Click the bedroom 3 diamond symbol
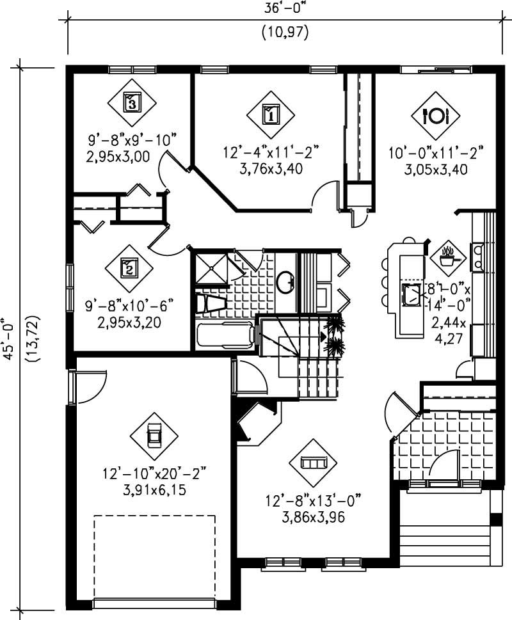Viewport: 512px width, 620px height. point(131,100)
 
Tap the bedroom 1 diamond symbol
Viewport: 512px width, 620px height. point(270,115)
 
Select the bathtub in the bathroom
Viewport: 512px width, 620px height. point(224,336)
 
